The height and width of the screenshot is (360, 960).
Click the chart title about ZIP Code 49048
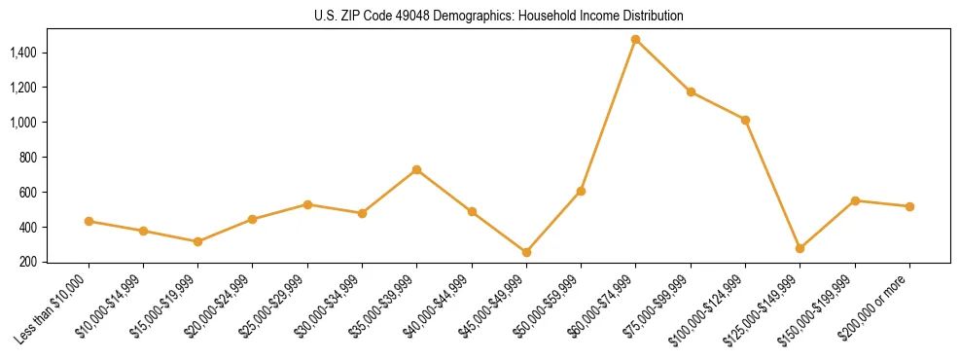tap(499, 16)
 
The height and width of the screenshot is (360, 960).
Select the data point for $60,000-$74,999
tap(635, 40)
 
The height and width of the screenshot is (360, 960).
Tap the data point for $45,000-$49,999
tap(526, 252)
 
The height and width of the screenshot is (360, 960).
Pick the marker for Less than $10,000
tap(89, 221)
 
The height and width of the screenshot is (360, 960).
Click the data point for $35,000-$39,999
tap(416, 169)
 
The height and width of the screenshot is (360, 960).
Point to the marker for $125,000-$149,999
tap(800, 248)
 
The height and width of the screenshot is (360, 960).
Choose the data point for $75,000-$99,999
tap(691, 92)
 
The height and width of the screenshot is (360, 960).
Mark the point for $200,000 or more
tap(909, 206)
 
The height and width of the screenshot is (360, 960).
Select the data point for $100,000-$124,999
tap(745, 120)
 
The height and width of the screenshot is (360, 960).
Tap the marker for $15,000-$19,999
tap(197, 241)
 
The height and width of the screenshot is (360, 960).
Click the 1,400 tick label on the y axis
tap(23, 53)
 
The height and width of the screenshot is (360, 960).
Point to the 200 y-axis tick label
tap(29, 262)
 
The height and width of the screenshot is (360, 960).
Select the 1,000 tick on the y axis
tap(23, 123)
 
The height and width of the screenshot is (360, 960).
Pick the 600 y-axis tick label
tap(29, 193)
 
